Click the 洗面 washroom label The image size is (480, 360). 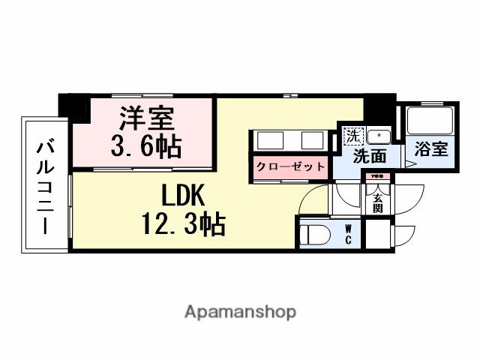(x=370, y=157)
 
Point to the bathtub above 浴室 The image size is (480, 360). (x=430, y=122)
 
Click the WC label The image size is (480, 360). (x=349, y=234)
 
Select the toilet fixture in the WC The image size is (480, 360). (x=315, y=234)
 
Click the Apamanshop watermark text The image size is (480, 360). (x=240, y=311)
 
